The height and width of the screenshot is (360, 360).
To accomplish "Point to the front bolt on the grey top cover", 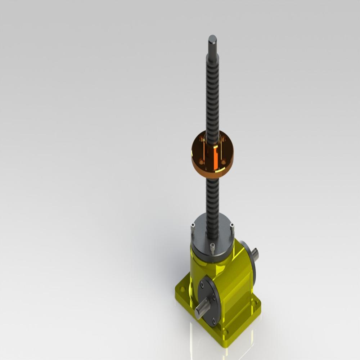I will click(212, 248).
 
